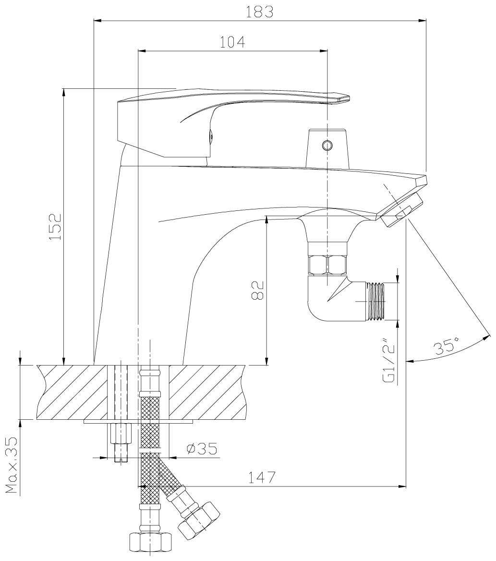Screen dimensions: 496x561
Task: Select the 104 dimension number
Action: tap(232, 42)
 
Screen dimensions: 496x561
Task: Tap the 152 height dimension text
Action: tap(55, 227)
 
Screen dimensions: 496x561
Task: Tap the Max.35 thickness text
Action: tap(13, 465)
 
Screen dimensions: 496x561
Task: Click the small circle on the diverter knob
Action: tap(327, 145)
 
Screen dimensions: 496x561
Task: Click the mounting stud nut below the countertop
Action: tap(120, 434)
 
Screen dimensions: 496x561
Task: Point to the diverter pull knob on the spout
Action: tap(327, 148)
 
